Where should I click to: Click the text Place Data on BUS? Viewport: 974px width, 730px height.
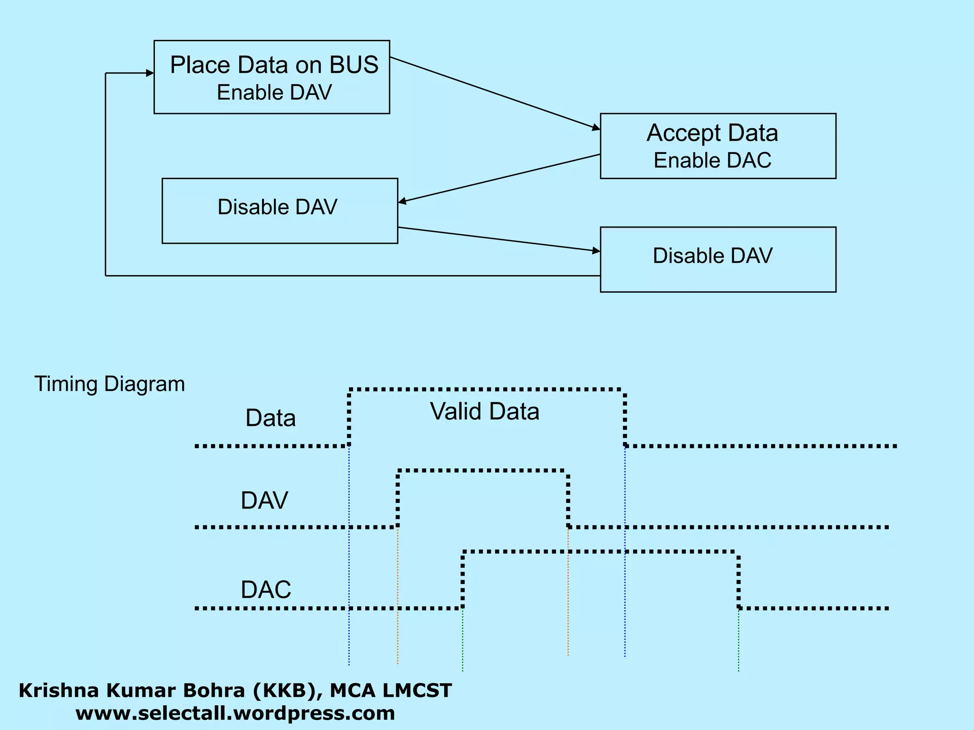tap(274, 65)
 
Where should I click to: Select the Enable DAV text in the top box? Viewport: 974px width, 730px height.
tap(274, 93)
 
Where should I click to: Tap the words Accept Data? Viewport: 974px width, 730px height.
tap(712, 133)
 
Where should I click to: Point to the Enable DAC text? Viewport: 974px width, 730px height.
tap(712, 161)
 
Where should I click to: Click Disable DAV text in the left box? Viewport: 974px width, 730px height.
tap(277, 207)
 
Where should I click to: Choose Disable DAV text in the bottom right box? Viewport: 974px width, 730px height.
tap(712, 256)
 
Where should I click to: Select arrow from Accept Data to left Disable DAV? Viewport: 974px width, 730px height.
tap(499, 178)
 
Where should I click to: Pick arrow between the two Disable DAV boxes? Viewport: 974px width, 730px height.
tap(499, 239)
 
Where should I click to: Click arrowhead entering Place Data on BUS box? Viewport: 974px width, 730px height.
tap(149, 73)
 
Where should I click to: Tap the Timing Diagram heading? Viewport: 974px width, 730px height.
tap(109, 384)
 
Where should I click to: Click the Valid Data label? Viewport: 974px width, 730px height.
tap(485, 412)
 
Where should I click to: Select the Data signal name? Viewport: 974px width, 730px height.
tap(270, 418)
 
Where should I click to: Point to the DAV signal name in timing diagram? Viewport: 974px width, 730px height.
tap(264, 500)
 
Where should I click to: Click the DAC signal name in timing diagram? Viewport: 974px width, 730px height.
tap(266, 590)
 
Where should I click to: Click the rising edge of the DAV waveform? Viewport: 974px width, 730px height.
tap(398, 499)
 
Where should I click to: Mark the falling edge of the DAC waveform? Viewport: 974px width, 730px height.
tap(738, 580)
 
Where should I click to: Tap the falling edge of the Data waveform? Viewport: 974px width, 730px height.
tap(625, 417)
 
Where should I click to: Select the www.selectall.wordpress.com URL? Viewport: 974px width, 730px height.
tap(235, 713)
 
